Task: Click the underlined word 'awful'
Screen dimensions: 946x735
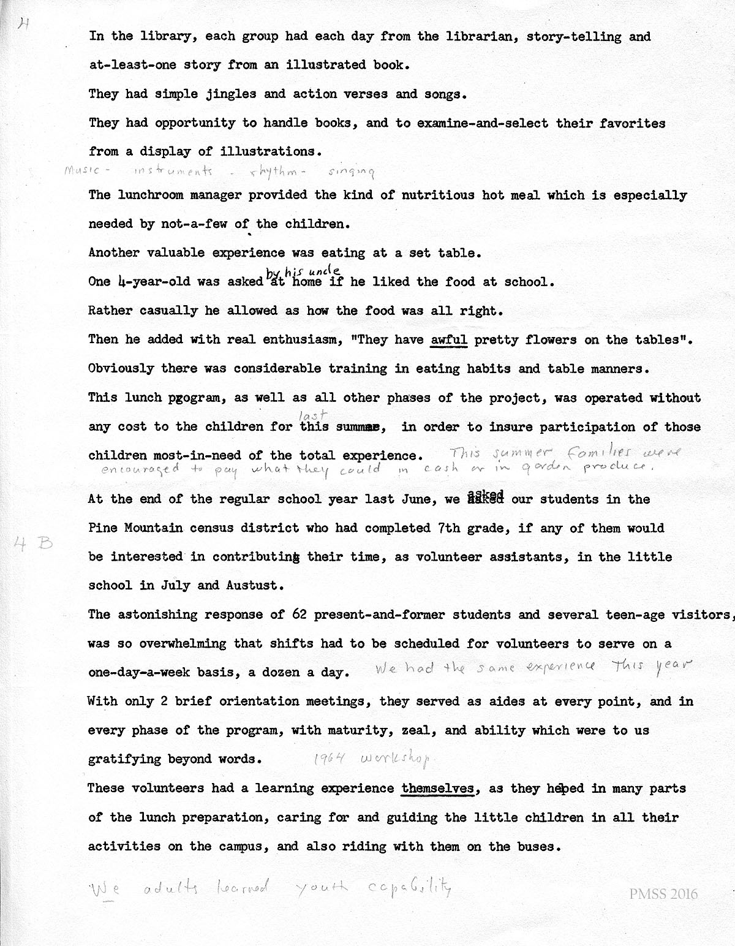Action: (x=449, y=340)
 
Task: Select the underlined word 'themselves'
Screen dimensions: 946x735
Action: (x=438, y=789)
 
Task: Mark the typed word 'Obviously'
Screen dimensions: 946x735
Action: (x=121, y=369)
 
